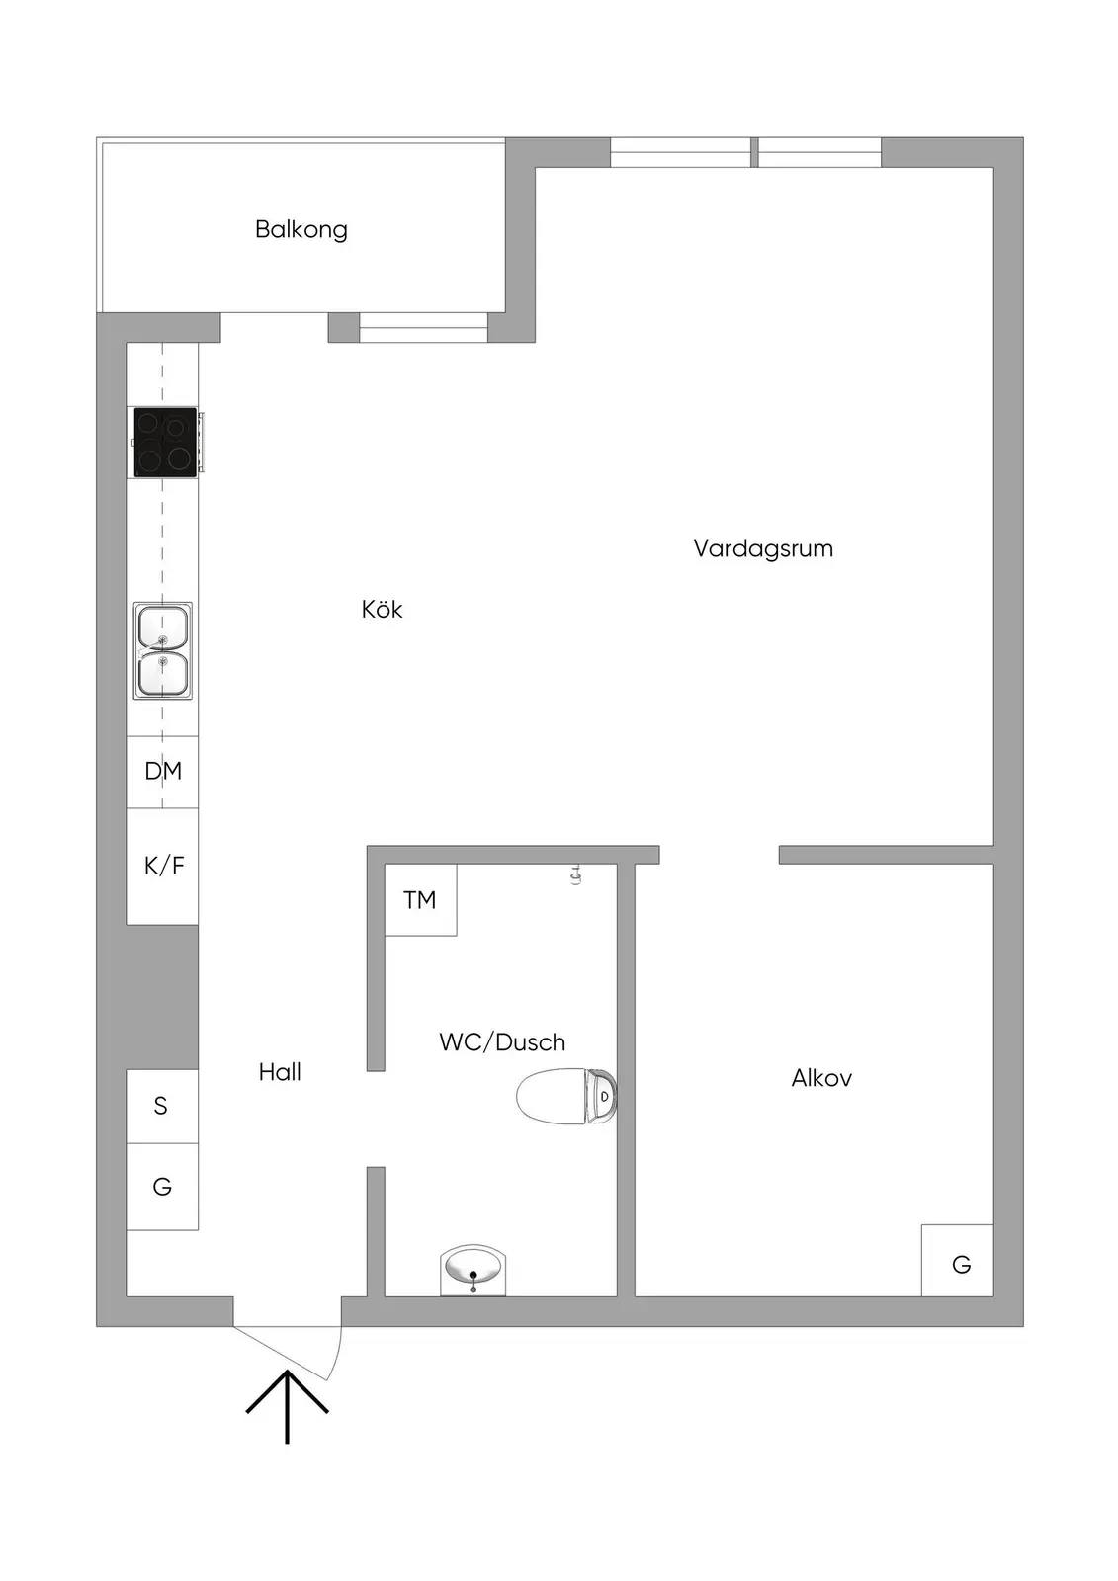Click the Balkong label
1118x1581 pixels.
[301, 230]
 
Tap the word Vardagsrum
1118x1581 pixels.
[763, 549]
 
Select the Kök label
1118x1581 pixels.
[383, 609]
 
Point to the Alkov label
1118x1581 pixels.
[821, 1078]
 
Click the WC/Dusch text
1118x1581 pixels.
[502, 1041]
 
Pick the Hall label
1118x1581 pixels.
[280, 1072]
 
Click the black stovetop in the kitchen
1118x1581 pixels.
[165, 442]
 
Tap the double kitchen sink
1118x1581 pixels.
[162, 651]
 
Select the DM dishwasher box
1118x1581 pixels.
[162, 772]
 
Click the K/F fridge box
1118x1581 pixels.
[162, 866]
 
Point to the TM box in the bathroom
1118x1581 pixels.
[420, 900]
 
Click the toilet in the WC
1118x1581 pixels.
[566, 1096]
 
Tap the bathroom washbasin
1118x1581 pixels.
[473, 1271]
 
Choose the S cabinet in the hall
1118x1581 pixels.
[162, 1106]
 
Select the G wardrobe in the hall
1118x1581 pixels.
[162, 1187]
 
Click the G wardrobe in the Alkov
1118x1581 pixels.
[958, 1261]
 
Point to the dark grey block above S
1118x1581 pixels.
[162, 997]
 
